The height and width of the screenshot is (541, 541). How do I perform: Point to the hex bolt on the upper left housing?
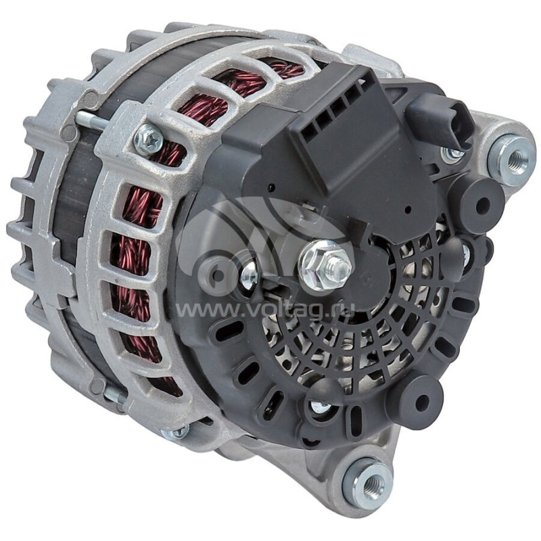[148, 139]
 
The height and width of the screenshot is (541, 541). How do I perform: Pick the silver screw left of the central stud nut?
[249, 274]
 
